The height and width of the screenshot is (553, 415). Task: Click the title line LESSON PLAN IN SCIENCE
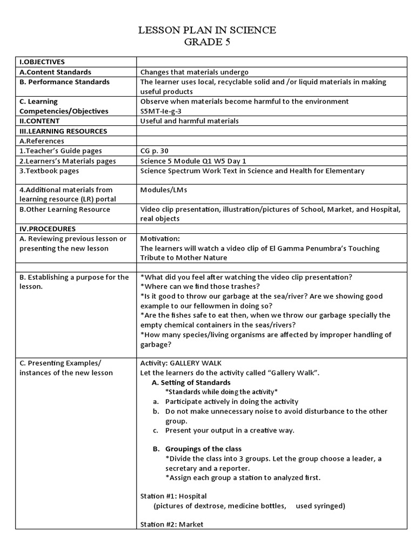pyautogui.click(x=207, y=30)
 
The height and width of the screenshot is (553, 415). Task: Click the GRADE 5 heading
pyautogui.click(x=207, y=43)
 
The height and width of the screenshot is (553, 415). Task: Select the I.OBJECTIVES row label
pyautogui.click(x=42, y=62)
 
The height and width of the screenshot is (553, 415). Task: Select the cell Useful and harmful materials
pyautogui.click(x=189, y=121)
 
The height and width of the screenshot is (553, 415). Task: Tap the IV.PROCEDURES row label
pyautogui.click(x=48, y=229)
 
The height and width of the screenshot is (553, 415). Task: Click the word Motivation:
pyautogui.click(x=159, y=239)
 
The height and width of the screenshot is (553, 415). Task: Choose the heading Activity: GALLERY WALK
pyautogui.click(x=180, y=363)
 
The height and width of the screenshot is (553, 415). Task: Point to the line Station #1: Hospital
pyautogui.click(x=173, y=496)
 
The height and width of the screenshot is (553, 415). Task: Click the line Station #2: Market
pyautogui.click(x=171, y=524)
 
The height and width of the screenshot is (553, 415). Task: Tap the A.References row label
pyautogui.click(x=42, y=141)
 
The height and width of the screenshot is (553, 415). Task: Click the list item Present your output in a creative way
pyautogui.click(x=230, y=430)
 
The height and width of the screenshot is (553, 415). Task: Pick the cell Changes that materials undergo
pyautogui.click(x=195, y=72)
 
